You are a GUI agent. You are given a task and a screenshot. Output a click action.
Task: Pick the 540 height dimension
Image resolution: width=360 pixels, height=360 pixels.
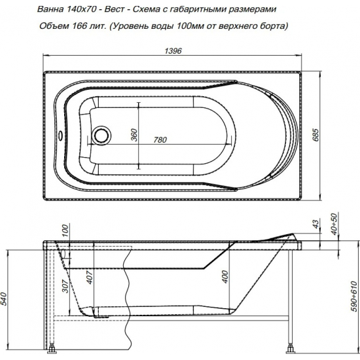[7, 300]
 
